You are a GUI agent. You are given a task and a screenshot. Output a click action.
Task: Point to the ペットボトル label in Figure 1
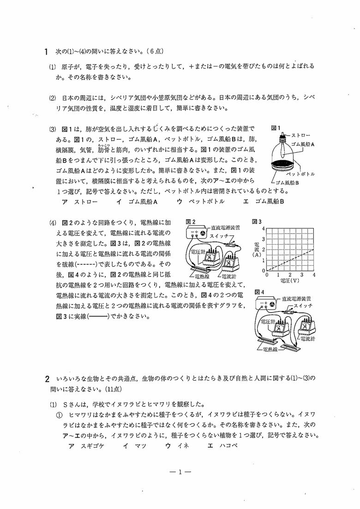coord(301,174)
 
